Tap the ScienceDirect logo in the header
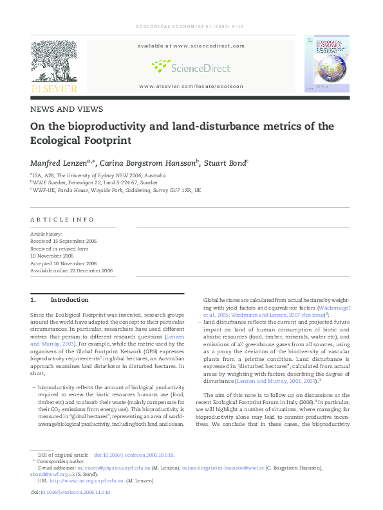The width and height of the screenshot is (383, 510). coord(191,66)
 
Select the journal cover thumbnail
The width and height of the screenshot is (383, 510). coord(326,66)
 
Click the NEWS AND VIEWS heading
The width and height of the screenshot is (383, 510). coord(66,109)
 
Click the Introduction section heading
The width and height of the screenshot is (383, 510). coord(69,300)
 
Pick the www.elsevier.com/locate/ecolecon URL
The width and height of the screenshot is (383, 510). coord(191,86)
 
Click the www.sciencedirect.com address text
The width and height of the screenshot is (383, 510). coord(191,46)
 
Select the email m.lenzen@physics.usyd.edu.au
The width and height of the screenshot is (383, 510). coord(114,469)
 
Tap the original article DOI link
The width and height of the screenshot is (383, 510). coord(135,454)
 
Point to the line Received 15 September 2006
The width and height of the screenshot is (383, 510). coord(63,241)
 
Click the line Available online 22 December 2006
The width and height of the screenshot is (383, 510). coord(71,271)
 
